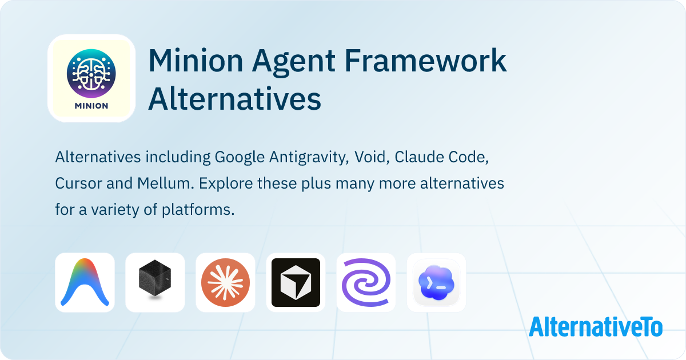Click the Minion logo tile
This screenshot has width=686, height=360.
pos(91,78)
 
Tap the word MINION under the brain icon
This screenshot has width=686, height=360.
pos(91,106)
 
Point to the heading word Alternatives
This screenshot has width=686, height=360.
pos(234,99)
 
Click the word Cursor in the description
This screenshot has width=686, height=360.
pos(77,184)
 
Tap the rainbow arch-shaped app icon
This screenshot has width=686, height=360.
pos(85,282)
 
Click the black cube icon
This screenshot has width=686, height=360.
pos(155,282)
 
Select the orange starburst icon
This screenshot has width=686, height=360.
pos(225,282)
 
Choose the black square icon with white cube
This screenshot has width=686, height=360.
pos(296,282)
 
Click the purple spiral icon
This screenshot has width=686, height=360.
pos(366,282)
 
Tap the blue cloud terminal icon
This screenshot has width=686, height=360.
pos(436,282)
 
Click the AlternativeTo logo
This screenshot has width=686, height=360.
pos(596,326)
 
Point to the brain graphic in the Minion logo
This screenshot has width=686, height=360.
pos(91,73)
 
